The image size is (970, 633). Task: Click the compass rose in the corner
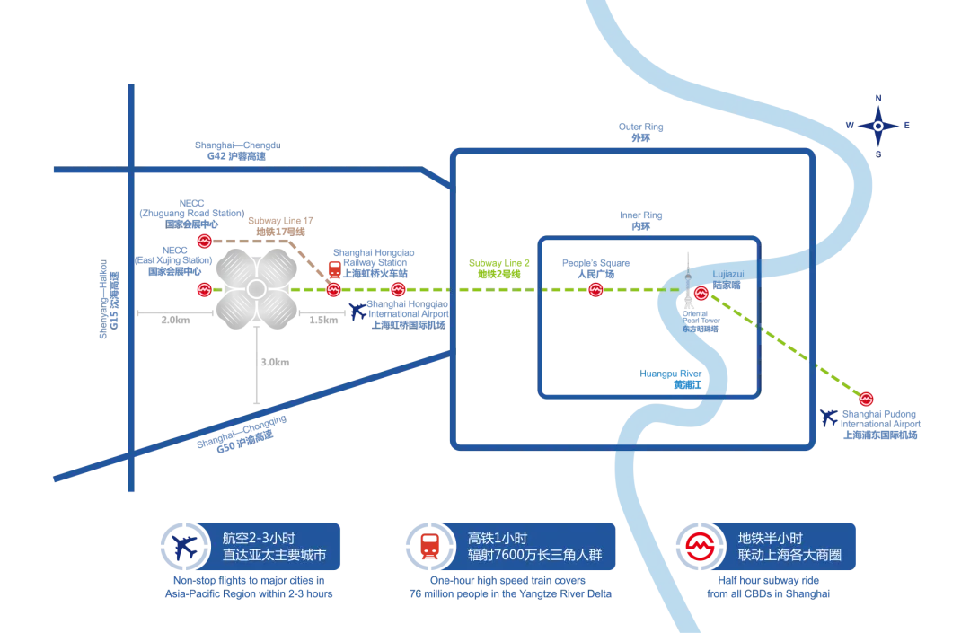(877, 126)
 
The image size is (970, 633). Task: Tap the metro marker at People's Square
(595, 289)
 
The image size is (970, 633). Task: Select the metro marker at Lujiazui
(701, 293)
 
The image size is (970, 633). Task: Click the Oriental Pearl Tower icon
(689, 281)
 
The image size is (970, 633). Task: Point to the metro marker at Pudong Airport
(866, 399)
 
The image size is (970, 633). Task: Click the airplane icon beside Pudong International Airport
(829, 418)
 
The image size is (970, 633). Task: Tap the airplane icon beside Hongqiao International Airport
(357, 311)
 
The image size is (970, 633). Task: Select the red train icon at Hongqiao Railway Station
(335, 270)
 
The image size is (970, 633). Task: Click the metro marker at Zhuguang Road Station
(204, 242)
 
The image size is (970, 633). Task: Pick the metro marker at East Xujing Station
(204, 289)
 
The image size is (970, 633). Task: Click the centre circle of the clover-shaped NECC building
(256, 289)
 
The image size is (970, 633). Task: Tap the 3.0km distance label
(275, 362)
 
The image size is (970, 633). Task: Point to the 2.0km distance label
(175, 320)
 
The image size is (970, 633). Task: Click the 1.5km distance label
(323, 320)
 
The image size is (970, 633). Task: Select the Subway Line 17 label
(280, 226)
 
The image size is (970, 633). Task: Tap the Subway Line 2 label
(499, 268)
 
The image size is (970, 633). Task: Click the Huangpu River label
(671, 379)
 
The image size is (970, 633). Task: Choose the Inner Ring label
(641, 221)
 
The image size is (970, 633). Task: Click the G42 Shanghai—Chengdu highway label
(237, 151)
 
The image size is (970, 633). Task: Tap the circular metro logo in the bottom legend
(700, 547)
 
